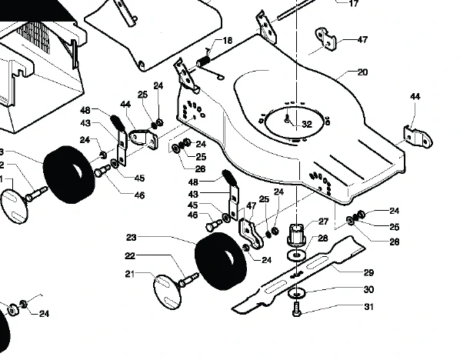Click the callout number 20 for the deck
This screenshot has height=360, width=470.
(x=362, y=72)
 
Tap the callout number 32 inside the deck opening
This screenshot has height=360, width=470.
(x=307, y=125)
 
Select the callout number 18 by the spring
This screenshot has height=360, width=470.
(x=228, y=40)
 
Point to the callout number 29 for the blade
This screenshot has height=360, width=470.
(x=368, y=272)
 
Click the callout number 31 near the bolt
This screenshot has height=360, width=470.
(x=368, y=307)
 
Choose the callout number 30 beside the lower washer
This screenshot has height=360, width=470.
(x=368, y=289)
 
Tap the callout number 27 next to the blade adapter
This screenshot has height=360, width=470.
(x=323, y=222)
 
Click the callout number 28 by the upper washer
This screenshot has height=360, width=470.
(x=322, y=238)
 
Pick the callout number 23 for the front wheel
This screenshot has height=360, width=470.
(x=132, y=238)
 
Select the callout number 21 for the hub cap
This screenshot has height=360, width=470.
(x=129, y=274)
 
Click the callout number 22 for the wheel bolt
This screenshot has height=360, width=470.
(x=130, y=256)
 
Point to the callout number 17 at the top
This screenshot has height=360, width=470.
(x=354, y=3)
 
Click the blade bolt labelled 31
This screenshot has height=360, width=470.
(x=296, y=309)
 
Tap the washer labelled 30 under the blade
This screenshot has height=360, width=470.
(x=296, y=293)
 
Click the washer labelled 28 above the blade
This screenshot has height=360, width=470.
(x=296, y=255)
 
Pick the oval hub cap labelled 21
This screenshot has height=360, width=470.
(x=167, y=292)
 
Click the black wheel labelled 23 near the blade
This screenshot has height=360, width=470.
(x=221, y=261)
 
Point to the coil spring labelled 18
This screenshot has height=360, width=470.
(x=204, y=61)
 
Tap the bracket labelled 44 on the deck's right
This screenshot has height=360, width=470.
(x=418, y=138)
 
